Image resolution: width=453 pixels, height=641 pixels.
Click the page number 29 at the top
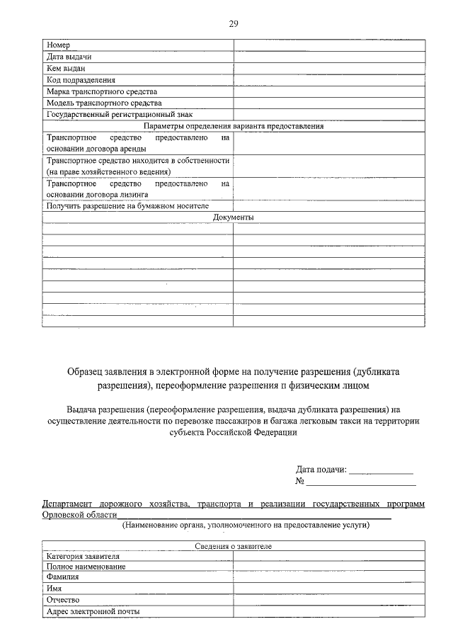click(233, 23)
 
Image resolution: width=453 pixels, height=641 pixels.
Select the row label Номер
click(58, 45)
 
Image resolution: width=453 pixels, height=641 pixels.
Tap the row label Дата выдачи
click(69, 57)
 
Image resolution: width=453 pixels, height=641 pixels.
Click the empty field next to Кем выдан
click(329, 69)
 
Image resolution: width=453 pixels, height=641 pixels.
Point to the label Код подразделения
click(81, 80)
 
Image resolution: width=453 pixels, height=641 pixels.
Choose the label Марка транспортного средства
click(102, 91)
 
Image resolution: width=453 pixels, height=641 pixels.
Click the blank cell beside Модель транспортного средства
click(329, 103)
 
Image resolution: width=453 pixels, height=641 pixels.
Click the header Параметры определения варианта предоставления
click(233, 126)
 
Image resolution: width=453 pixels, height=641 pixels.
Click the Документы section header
click(233, 217)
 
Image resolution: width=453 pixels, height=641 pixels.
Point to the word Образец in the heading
click(86, 371)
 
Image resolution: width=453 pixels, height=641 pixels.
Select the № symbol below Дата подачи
click(300, 482)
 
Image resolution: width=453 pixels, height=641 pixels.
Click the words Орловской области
click(79, 515)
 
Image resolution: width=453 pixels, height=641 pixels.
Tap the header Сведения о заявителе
click(233, 546)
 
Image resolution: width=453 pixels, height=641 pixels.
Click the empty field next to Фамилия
click(329, 577)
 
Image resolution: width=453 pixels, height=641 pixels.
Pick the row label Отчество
click(63, 599)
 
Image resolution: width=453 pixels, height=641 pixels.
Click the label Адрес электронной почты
click(93, 611)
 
